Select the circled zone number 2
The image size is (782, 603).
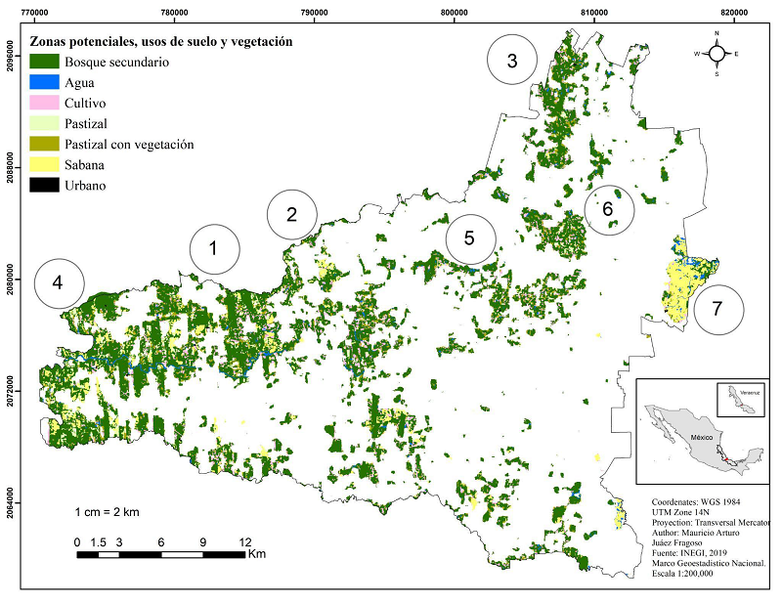pos(291,214)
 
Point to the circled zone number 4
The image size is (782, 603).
pos(59,283)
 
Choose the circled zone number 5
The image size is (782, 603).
pos(470,237)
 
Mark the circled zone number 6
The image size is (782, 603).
pos(608,208)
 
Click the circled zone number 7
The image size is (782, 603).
pos(718,309)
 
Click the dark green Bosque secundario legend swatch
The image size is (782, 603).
pos(45,62)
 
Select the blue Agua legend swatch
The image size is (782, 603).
pos(45,82)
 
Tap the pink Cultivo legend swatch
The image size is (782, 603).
pos(45,103)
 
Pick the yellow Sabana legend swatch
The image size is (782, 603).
pos(45,164)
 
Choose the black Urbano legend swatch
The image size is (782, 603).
pos(45,185)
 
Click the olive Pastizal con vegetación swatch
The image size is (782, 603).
pos(45,144)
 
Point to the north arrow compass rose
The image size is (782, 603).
pos(717,54)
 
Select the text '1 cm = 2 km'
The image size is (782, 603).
pos(107,512)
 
